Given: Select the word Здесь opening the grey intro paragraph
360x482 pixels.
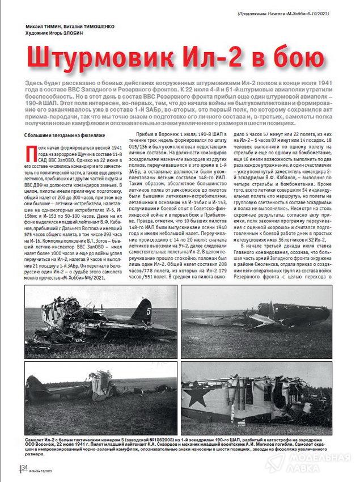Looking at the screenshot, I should pos(35,83).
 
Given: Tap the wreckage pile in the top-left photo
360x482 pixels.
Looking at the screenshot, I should pos(62,318).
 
